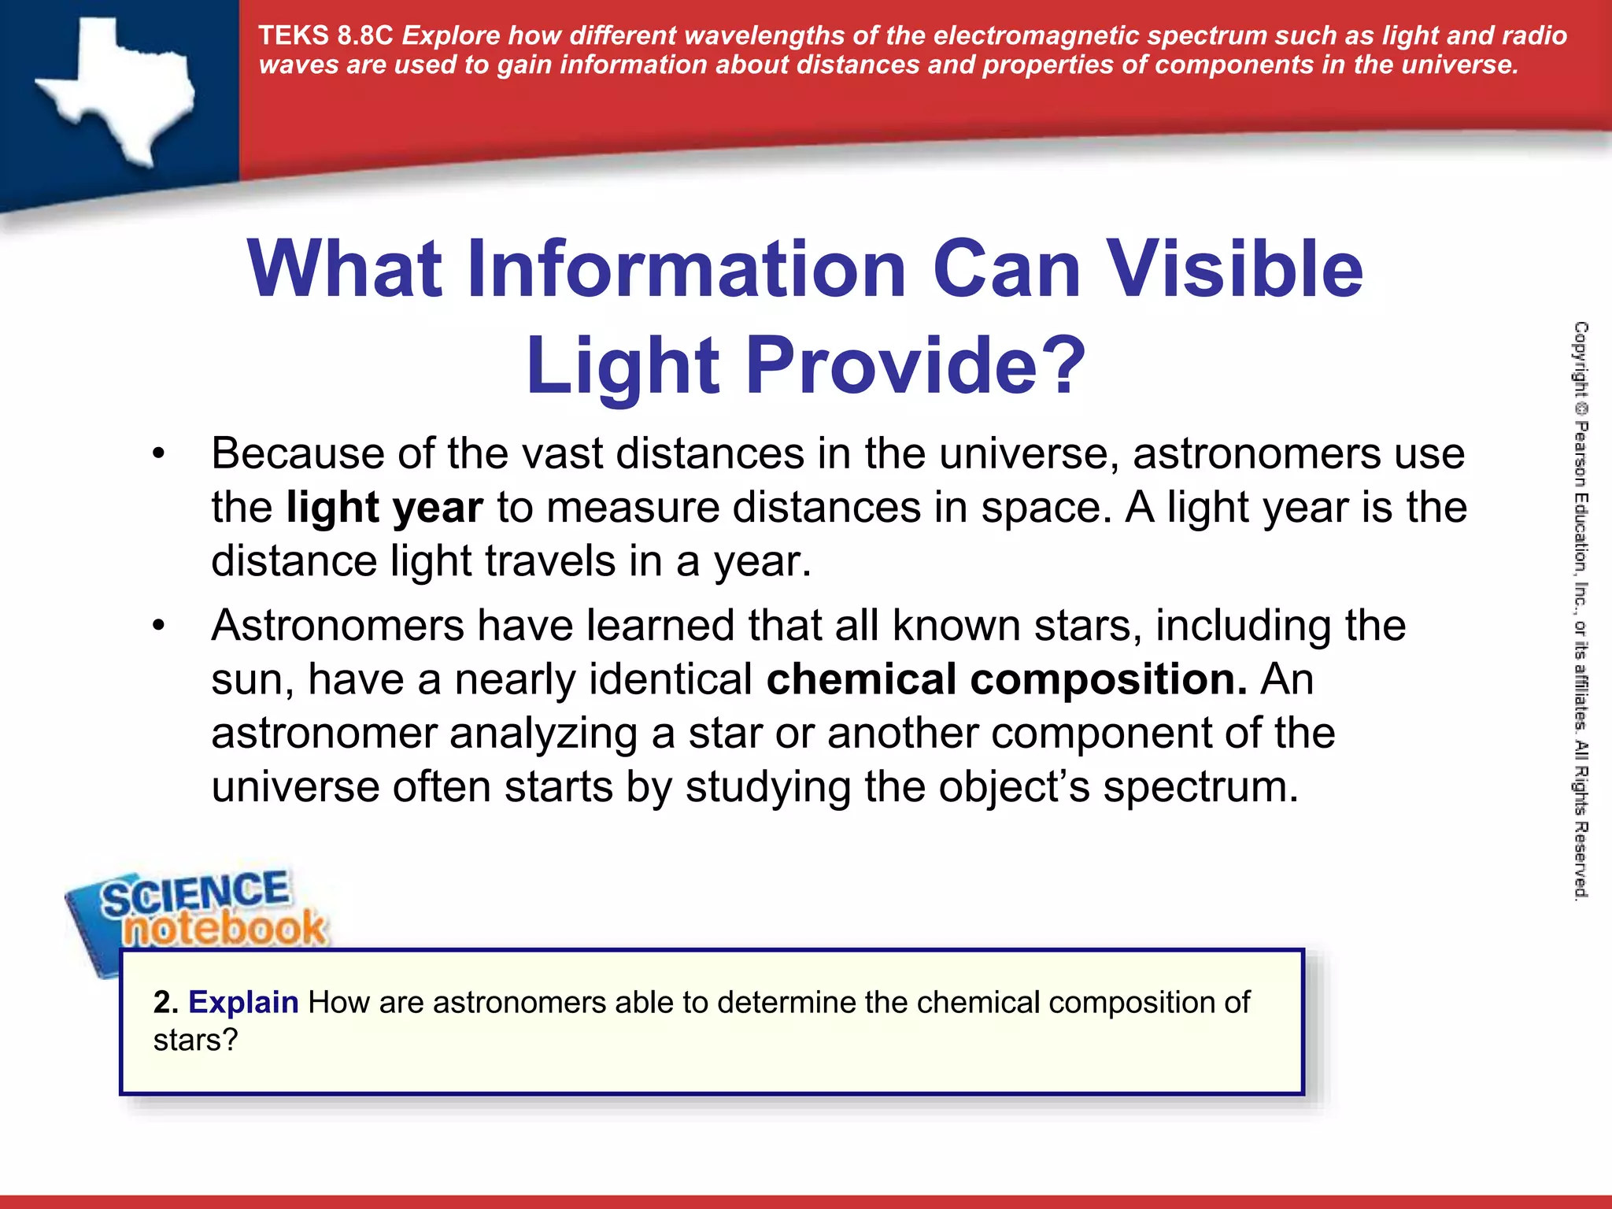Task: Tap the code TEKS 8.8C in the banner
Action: [325, 36]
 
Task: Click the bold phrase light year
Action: [384, 508]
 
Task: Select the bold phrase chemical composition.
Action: [1007, 679]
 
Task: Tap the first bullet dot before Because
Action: [159, 454]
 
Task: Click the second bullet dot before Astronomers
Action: [159, 626]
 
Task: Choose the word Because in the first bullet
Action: [298, 454]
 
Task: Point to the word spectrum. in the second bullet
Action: [1200, 786]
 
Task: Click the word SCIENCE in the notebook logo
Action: [195, 893]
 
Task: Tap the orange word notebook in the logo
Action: [224, 929]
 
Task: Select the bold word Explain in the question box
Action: [243, 1003]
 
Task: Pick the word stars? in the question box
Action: [195, 1041]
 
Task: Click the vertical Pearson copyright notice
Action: [1581, 610]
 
